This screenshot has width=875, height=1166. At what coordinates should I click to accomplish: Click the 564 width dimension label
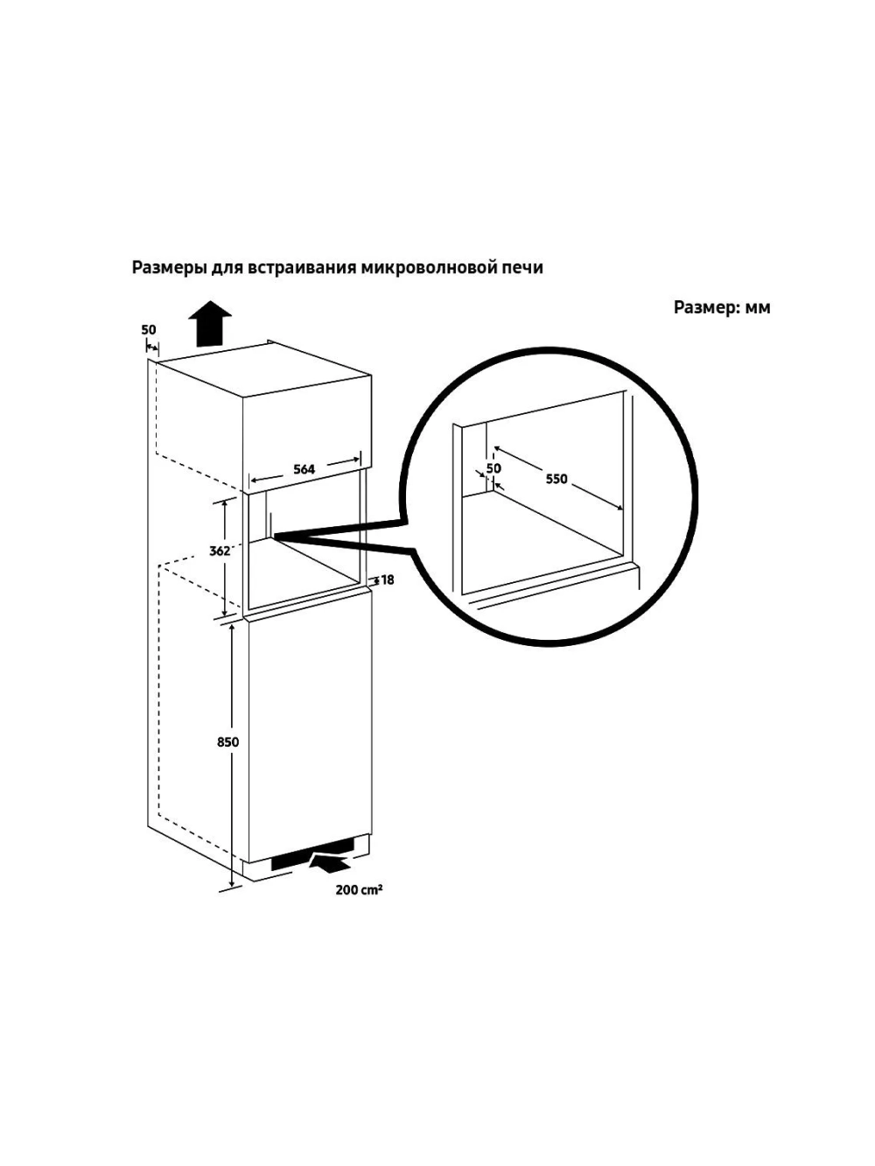click(x=304, y=469)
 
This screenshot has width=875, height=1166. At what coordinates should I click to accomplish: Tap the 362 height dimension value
click(x=220, y=551)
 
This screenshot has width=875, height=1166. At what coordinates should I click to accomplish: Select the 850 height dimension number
click(x=227, y=742)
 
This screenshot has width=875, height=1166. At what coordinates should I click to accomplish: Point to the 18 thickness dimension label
click(x=388, y=580)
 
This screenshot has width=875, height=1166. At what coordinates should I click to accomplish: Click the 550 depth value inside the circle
click(x=556, y=479)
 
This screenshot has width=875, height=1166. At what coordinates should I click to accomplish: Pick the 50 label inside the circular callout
click(x=493, y=468)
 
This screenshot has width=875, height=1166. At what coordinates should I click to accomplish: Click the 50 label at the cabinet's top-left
click(x=149, y=330)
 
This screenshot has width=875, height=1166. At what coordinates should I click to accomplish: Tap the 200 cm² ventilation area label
click(x=359, y=889)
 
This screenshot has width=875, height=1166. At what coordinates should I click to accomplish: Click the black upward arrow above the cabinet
click(x=210, y=324)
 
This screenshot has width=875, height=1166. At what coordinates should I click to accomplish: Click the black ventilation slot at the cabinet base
click(x=312, y=864)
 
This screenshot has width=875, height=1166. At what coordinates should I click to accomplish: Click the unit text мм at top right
click(x=758, y=308)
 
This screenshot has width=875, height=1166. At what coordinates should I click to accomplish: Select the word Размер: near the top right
click(x=707, y=307)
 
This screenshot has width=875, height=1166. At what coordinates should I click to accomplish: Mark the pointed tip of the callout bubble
click(x=275, y=534)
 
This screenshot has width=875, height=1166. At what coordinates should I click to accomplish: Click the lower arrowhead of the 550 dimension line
click(x=619, y=508)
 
